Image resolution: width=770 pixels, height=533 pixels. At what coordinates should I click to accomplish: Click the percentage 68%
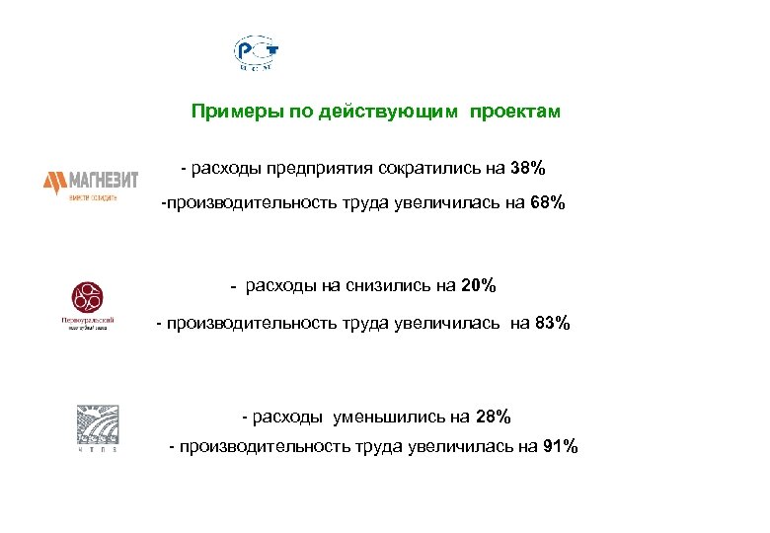(x=546, y=204)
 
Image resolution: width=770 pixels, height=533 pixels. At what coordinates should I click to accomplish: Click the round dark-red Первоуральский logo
(x=87, y=297)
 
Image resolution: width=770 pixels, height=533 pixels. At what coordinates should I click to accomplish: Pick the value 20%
(x=478, y=286)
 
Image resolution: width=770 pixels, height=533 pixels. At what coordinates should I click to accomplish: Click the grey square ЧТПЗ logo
(x=97, y=424)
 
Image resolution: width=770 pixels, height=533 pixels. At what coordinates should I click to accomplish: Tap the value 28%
(x=492, y=417)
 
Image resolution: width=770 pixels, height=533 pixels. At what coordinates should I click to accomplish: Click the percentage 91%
(x=560, y=447)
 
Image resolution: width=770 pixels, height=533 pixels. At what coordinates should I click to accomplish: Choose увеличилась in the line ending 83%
(x=450, y=324)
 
